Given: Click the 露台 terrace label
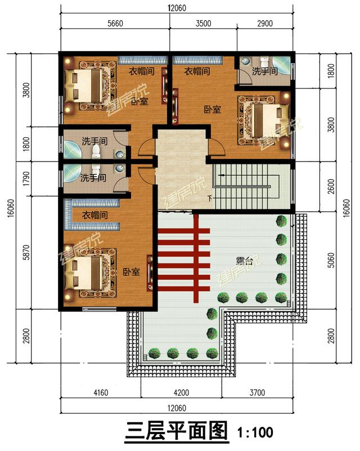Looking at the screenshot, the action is pyautogui.click(x=244, y=261).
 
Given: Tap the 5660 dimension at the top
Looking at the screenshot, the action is pyautogui.click(x=115, y=23).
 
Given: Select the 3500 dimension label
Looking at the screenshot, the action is pyautogui.click(x=204, y=23).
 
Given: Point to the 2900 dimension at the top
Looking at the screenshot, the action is pyautogui.click(x=265, y=23).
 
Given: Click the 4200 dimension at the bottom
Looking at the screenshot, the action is pyautogui.click(x=181, y=392).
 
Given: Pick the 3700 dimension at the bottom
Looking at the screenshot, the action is pyautogui.click(x=257, y=392).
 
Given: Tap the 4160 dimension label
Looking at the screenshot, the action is pyautogui.click(x=101, y=392).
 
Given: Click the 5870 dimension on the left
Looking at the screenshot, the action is pyautogui.click(x=26, y=252).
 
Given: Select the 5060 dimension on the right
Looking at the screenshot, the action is pyautogui.click(x=331, y=260).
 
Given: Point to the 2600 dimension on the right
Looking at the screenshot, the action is pyautogui.click(x=331, y=186).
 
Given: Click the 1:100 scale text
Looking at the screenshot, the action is pyautogui.click(x=255, y=432).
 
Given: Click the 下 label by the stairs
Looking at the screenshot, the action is pyautogui.click(x=210, y=198).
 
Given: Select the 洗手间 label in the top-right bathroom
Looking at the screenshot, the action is pyautogui.click(x=264, y=71).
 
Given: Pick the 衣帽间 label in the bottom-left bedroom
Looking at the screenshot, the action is pyautogui.click(x=95, y=215).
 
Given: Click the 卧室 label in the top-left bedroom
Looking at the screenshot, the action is pyautogui.click(x=139, y=101).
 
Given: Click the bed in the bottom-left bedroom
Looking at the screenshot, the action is pyautogui.click(x=90, y=273).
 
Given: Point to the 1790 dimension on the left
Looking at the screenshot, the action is pyautogui.click(x=26, y=178).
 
